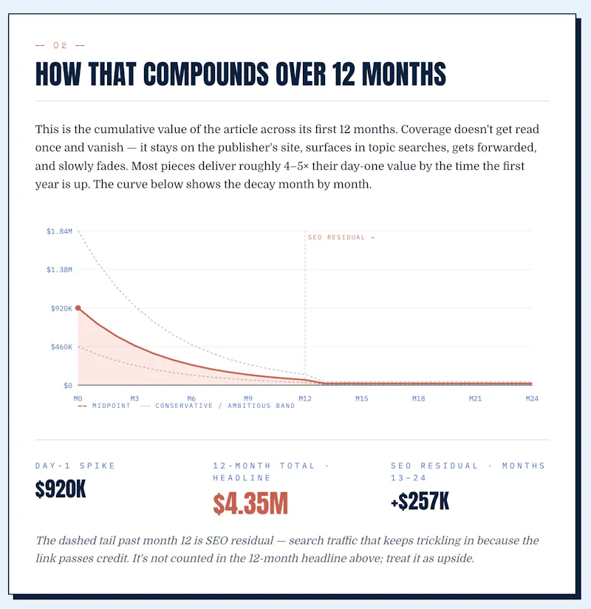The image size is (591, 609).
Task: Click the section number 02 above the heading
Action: [x=60, y=45]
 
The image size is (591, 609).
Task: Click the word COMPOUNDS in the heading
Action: [x=206, y=74]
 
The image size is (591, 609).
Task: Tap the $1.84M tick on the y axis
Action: [x=59, y=231]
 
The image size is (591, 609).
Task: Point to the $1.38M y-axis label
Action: [x=59, y=270]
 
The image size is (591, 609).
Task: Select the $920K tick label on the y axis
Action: [x=61, y=308]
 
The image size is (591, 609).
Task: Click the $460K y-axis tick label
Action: [x=61, y=347]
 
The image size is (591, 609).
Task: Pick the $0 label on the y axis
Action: [x=68, y=386]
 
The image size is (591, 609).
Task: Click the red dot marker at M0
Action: [x=78, y=308]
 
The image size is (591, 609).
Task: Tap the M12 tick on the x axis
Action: [x=305, y=398]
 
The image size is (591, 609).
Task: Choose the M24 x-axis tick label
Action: [x=532, y=398]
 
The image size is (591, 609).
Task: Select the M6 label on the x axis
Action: [x=191, y=398]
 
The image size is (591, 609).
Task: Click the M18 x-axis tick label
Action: [x=419, y=398]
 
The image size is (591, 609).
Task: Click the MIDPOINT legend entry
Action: [x=104, y=406]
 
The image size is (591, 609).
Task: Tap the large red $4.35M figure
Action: [x=250, y=503]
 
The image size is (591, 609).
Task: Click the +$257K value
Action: [x=420, y=501]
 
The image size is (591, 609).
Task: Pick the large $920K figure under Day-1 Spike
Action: [x=61, y=489]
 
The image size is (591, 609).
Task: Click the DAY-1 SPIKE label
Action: [x=75, y=466]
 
